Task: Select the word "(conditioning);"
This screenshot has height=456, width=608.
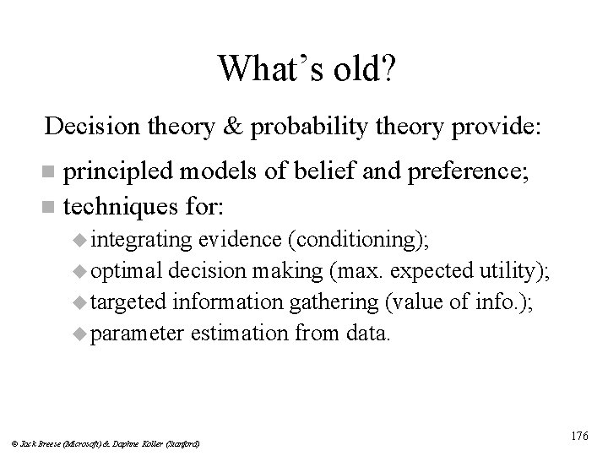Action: point(358,239)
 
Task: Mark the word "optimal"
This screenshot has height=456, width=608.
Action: point(127,270)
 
